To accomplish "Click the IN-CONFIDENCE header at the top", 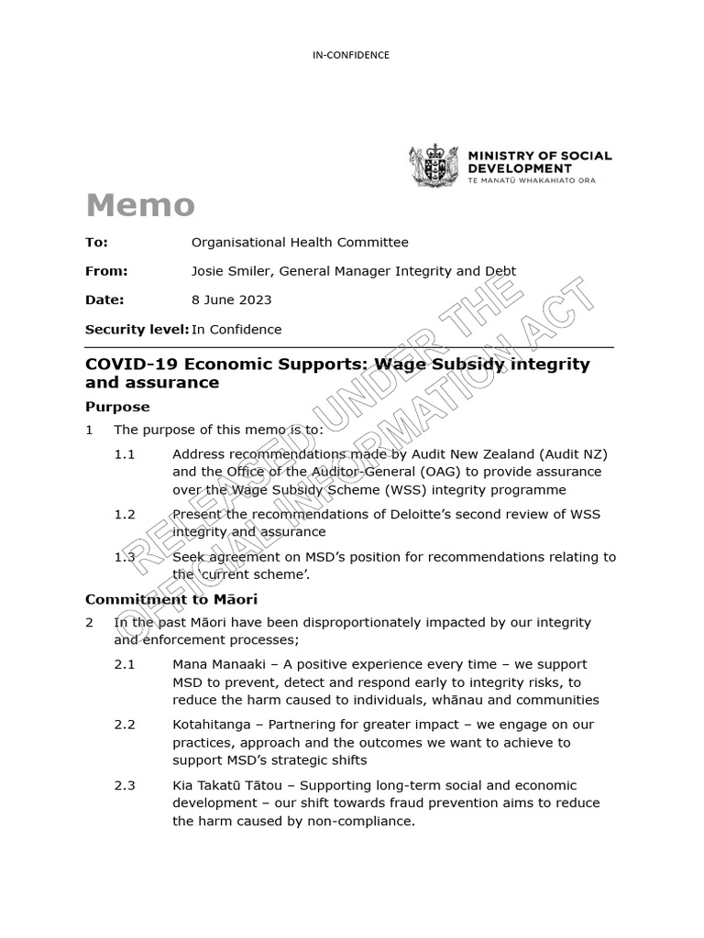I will click(x=351, y=55).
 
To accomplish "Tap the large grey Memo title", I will click(x=140, y=205).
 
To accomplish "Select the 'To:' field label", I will click(x=96, y=243).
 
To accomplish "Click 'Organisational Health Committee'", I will click(x=300, y=243).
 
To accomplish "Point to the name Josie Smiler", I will click(x=231, y=271).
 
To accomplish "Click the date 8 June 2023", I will click(x=231, y=300).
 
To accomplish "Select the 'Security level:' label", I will click(x=137, y=330).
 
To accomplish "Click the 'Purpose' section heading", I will click(x=117, y=407).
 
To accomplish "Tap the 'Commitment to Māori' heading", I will click(x=171, y=600).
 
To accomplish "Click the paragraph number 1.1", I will click(x=125, y=454).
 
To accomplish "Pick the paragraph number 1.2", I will click(x=125, y=515).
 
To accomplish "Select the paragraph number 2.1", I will click(x=125, y=664).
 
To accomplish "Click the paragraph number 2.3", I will click(x=125, y=786).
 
